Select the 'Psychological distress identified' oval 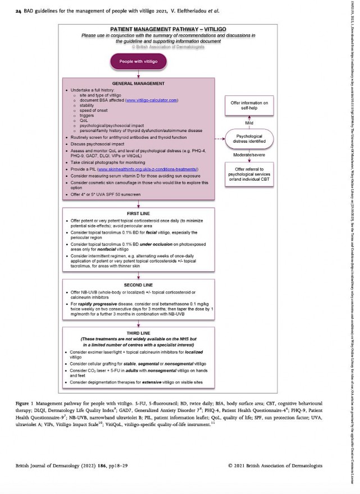click(x=250, y=139)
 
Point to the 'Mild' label click(x=250, y=122)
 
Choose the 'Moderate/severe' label click(x=250, y=154)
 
